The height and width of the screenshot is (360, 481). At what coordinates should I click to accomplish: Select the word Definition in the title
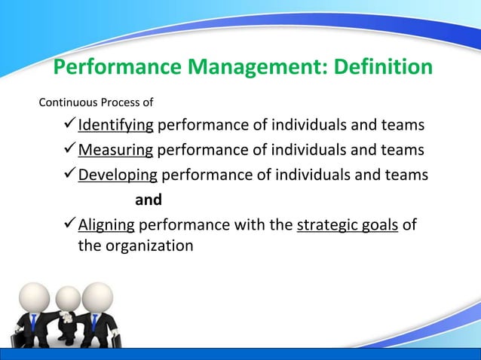(378, 68)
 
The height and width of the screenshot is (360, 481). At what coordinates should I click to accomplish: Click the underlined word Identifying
(116, 124)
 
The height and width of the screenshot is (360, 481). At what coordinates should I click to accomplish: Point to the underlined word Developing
(118, 175)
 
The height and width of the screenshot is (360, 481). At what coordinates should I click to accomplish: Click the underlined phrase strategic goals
(348, 226)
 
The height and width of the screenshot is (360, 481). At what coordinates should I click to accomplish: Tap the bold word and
(148, 201)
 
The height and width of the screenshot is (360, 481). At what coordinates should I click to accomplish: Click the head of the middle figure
(68, 298)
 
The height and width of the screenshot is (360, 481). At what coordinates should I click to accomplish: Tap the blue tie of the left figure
(33, 325)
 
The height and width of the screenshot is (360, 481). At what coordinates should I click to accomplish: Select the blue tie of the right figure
(94, 324)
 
